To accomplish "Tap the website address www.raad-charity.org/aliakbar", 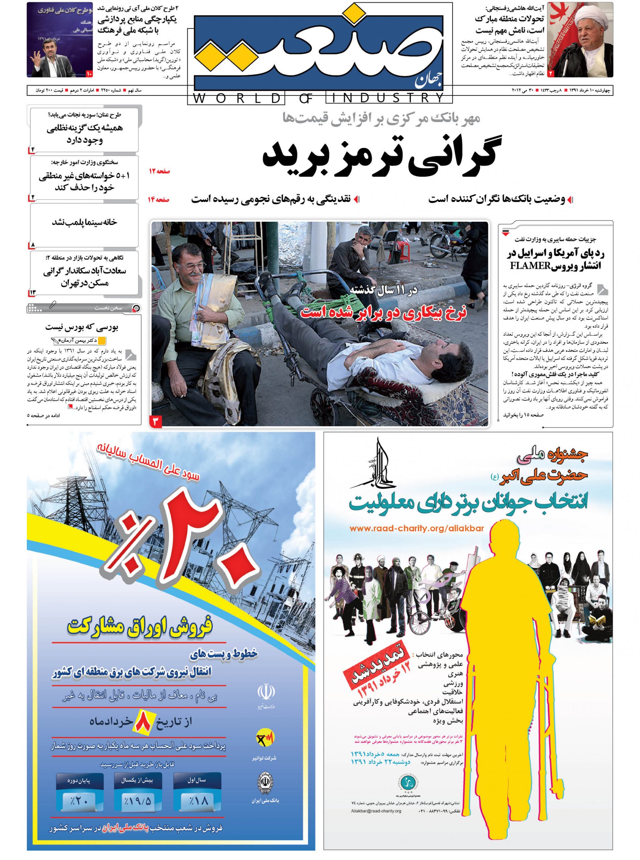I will coord(416,528).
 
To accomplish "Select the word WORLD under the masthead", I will coord(236,98).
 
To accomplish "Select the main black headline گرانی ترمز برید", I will coord(381,152).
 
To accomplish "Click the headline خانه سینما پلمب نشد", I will coord(85,222).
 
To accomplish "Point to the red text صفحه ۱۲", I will coord(159,171).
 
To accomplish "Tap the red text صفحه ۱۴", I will coord(159,200).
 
